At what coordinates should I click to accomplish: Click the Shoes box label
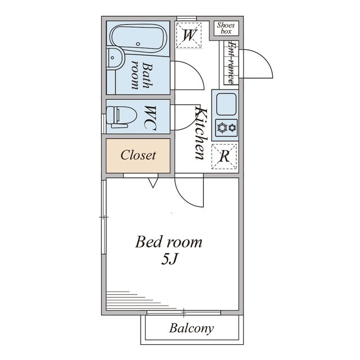coord(226,28)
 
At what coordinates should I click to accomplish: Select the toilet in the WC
coord(121,117)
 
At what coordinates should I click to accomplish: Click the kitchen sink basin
coord(226,104)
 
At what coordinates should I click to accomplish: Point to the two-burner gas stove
coord(227,128)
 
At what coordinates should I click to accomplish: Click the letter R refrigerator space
coord(224,156)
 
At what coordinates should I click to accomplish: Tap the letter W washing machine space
coord(189,35)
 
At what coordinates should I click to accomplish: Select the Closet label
coord(138,155)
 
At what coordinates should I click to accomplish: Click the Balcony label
coord(191,328)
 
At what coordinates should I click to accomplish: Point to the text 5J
coord(170,260)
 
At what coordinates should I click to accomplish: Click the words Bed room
coord(169,242)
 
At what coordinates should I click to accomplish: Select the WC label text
coord(150,118)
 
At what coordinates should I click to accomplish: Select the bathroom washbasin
coord(115,58)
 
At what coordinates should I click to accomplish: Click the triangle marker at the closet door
coord(153,183)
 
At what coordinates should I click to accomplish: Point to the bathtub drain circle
coord(138,44)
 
